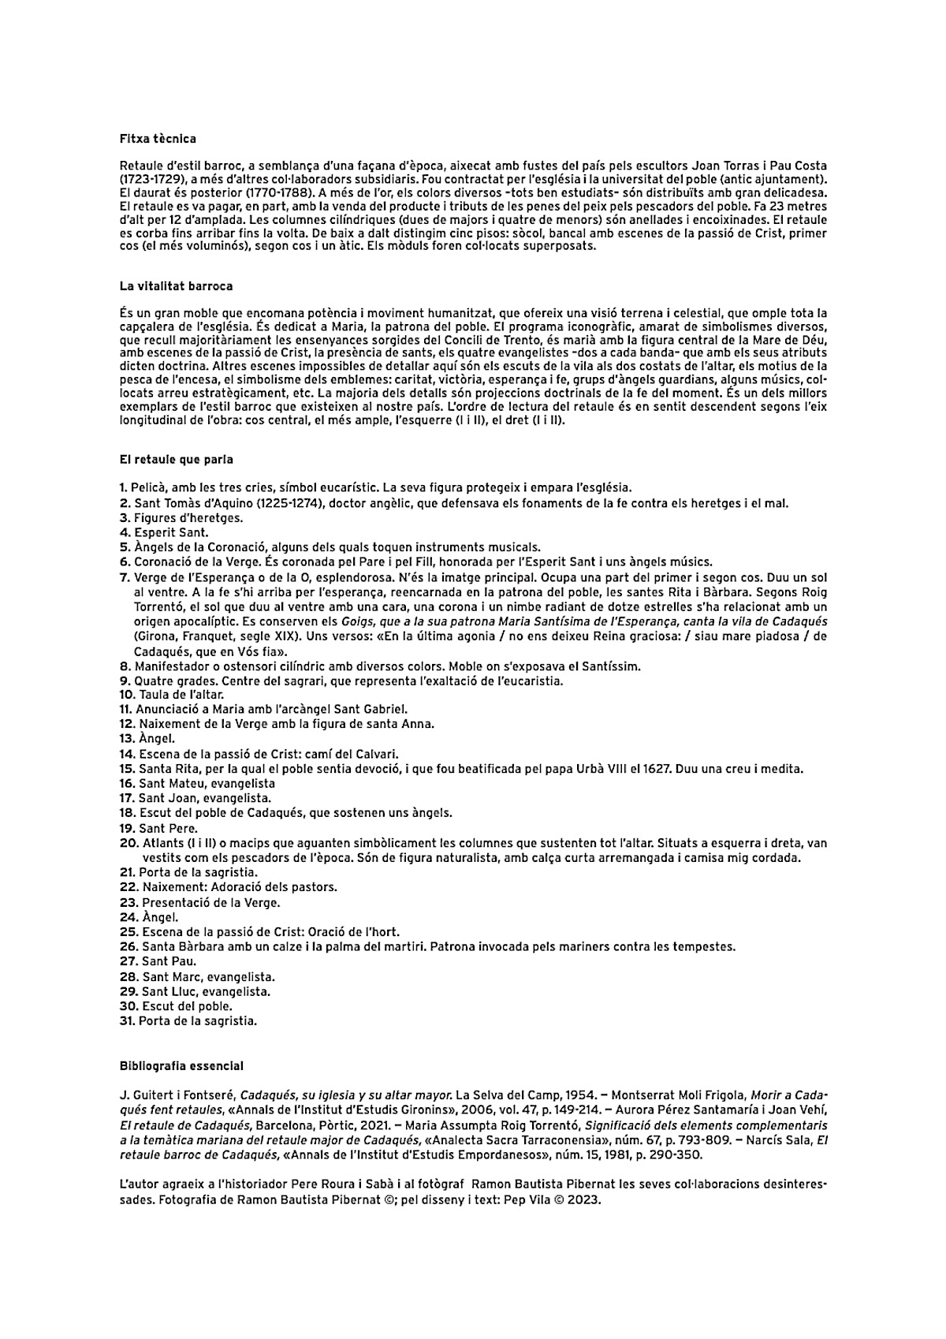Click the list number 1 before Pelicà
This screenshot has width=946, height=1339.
pos(123,488)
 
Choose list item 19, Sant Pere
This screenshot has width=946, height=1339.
pos(158,828)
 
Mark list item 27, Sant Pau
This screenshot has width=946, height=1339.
pos(158,961)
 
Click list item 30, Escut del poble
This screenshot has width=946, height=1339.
pos(176,1005)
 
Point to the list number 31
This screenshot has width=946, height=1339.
pos(128,1020)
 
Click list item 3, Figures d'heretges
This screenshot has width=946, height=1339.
pos(181,518)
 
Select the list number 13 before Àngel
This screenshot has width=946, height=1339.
pos(128,739)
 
